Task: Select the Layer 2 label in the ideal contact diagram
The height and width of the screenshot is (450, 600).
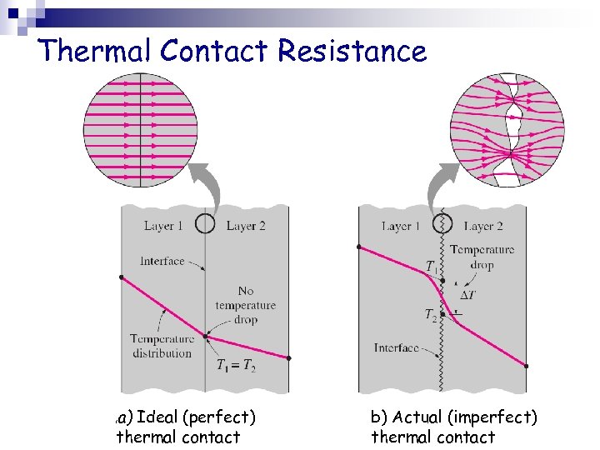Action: (x=246, y=226)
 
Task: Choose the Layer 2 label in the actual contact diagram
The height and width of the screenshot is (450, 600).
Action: (x=483, y=226)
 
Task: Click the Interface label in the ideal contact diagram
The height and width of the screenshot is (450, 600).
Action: (x=162, y=261)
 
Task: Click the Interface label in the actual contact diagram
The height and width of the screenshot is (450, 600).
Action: (x=397, y=347)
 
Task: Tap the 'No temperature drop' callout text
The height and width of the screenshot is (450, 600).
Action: (x=246, y=305)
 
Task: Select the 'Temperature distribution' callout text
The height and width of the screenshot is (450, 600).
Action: (x=162, y=345)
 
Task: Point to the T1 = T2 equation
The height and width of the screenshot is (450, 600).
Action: (x=237, y=365)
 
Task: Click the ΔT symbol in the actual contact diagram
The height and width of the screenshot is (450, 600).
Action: (x=469, y=295)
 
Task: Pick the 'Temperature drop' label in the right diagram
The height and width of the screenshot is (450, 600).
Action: (x=482, y=257)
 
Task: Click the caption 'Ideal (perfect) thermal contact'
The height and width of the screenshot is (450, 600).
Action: (x=187, y=427)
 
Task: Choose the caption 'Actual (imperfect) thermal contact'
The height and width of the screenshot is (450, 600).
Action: (x=454, y=427)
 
